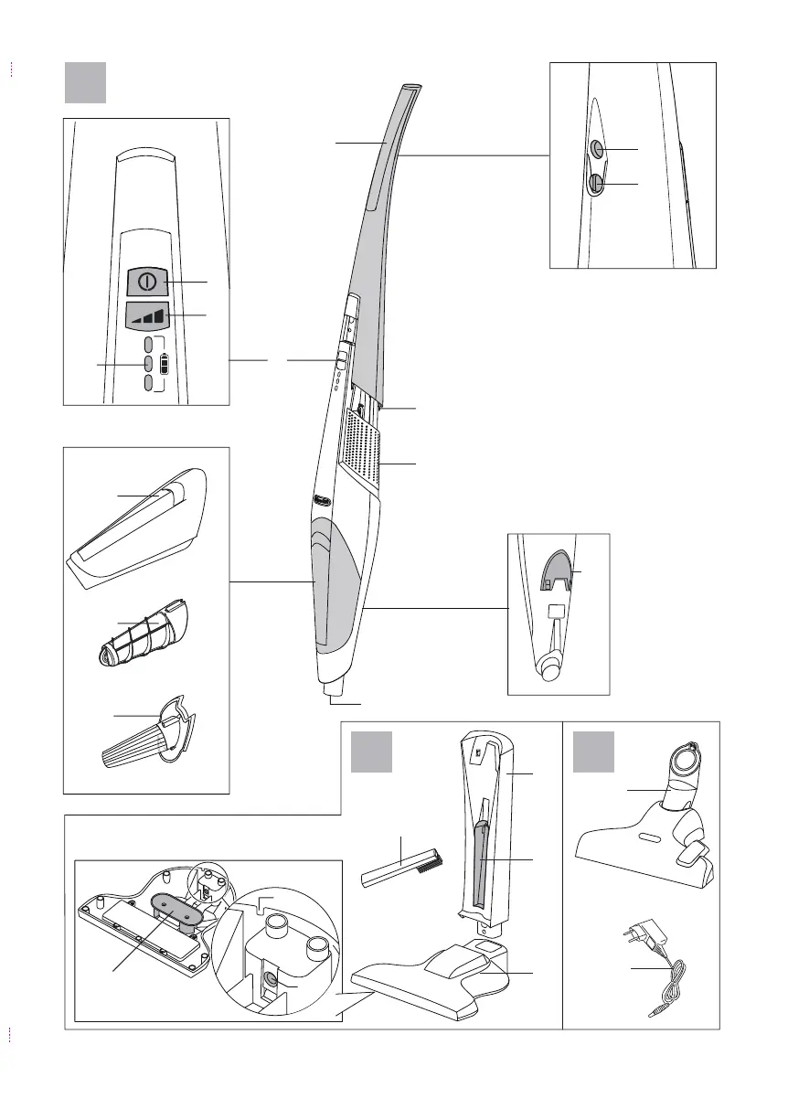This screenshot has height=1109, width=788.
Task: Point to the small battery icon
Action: coord(165,364)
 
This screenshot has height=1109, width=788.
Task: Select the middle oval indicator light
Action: coord(148,364)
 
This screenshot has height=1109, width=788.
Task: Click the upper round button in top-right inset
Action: coord(597,149)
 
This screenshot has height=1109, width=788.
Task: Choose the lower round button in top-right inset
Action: coord(596,185)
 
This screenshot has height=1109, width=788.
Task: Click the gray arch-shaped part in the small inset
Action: coord(555,569)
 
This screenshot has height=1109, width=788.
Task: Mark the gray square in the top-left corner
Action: coord(86,82)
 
